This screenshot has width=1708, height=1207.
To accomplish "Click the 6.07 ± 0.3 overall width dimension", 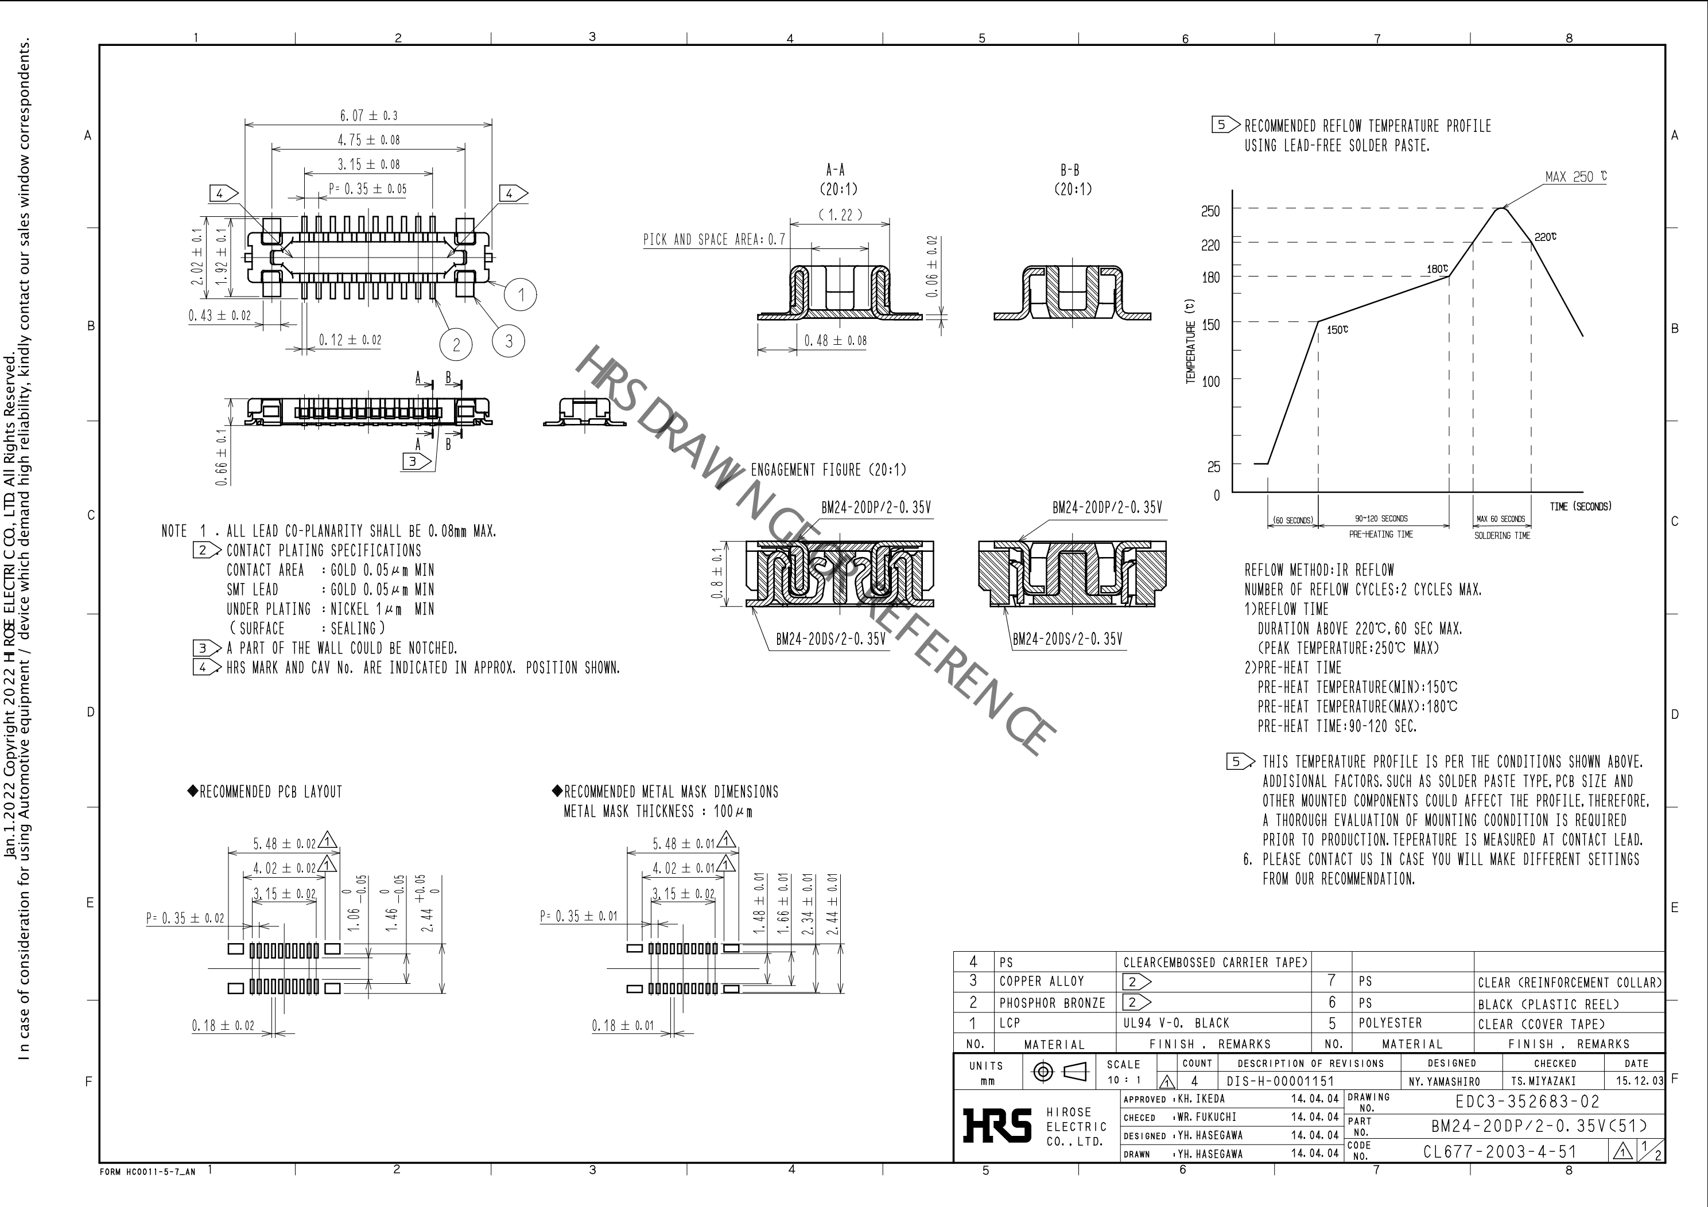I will pos(368,116).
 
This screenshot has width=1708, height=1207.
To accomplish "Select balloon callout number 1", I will pos(521,295).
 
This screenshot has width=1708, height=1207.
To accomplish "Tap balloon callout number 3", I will pos(509,341).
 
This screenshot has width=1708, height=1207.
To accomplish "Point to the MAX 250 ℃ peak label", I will pos(1575,177).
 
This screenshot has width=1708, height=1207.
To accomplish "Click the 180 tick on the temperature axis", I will pos(1210,278).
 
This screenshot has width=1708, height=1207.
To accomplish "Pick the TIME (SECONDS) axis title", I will pos(1580,507).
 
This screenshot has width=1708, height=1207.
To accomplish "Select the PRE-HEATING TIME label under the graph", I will pos(1381,534).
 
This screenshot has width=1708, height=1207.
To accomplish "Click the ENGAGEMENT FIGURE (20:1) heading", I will pos(828,470).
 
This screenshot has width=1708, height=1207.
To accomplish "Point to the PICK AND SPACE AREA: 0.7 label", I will pos(713,239).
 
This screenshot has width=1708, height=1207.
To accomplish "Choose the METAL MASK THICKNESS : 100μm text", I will pos(658,811).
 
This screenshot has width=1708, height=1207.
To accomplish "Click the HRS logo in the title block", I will pos(997,1126).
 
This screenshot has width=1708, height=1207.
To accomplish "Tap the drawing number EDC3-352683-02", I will pos(1527,1101).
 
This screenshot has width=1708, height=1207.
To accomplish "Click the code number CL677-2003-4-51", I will pos(1500,1152).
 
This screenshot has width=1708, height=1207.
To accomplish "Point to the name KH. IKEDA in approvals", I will pos(1201,1099).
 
